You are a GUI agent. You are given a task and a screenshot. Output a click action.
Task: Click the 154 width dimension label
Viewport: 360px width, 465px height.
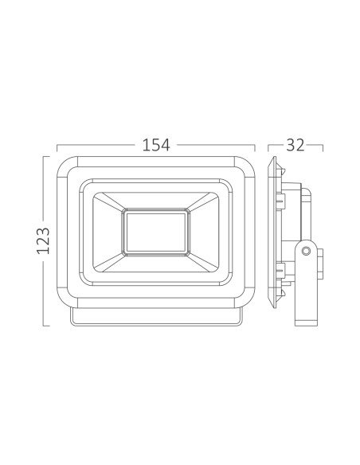[156, 145]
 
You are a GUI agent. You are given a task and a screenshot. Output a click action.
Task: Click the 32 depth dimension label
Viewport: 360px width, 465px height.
[295, 145]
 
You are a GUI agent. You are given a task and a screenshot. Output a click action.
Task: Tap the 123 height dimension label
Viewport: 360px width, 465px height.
[43, 240]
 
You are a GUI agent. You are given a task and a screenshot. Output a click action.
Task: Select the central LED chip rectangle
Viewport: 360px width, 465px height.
[156, 232]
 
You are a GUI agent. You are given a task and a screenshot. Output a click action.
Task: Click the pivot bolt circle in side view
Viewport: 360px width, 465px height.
[306, 251]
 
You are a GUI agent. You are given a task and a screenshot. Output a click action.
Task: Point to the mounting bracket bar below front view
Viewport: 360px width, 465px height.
[156, 317]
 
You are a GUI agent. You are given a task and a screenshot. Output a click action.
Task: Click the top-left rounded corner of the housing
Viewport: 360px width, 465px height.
[67, 166]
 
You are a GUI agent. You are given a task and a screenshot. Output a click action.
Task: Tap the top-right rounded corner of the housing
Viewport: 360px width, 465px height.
[245, 166]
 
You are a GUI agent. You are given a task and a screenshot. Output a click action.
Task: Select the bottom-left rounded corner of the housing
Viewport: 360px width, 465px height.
[67, 298]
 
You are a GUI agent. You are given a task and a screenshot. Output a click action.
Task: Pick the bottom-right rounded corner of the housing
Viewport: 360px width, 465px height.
[245, 298]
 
